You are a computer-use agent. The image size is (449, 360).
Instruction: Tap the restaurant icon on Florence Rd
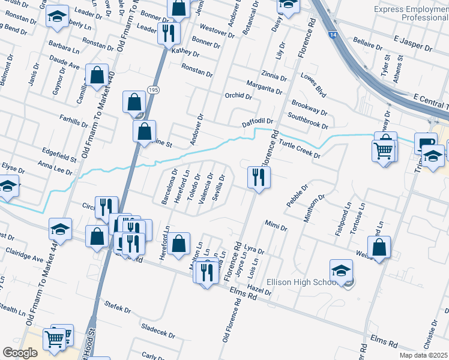tap(259, 177)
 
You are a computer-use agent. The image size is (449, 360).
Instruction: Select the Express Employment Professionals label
tap(411, 13)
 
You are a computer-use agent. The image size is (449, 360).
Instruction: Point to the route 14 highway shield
tap(333, 35)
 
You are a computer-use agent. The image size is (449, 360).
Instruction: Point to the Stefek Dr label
tap(118, 308)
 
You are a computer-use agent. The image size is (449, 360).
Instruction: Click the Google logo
tap(20, 353)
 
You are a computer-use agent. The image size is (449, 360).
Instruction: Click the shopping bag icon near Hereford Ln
tap(178, 244)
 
